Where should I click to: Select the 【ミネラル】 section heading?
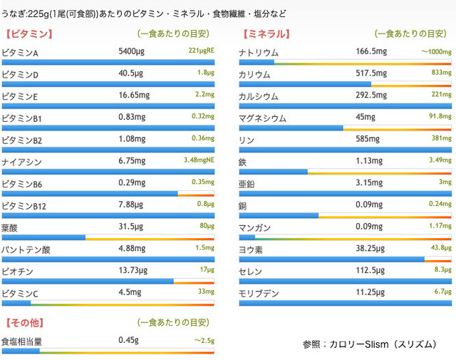pyautogui.click(x=266, y=34)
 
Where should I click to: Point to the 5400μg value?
pyautogui.click(x=133, y=52)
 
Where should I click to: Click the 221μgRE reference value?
pyautogui.click(x=201, y=51)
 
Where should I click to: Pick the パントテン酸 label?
pyautogui.click(x=26, y=250)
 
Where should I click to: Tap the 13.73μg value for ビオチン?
pyautogui.click(x=135, y=271)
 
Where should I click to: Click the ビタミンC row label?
pyautogui.click(x=20, y=293)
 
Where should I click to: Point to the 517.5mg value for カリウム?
pyautogui.click(x=372, y=73)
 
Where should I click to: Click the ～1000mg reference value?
pyautogui.click(x=435, y=52)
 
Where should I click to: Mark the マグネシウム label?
pyautogui.click(x=262, y=118)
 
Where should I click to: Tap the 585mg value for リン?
pyautogui.click(x=368, y=140)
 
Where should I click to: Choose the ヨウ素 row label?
pyautogui.click(x=251, y=250)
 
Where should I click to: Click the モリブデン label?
pyautogui.click(x=258, y=293)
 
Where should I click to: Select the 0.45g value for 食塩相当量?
pyautogui.click(x=128, y=340)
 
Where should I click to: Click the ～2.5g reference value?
pyautogui.click(x=204, y=341)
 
